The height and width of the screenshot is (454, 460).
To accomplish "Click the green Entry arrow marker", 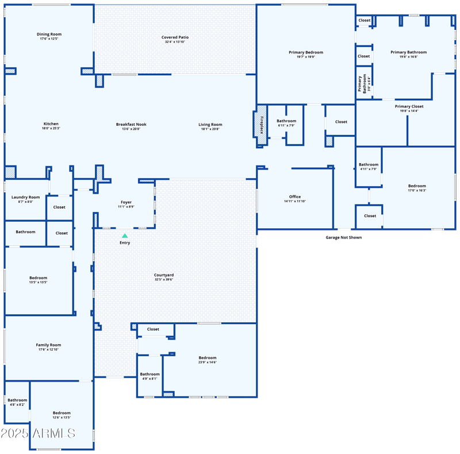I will click(x=125, y=236).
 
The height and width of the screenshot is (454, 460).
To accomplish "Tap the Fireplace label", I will click(x=261, y=125).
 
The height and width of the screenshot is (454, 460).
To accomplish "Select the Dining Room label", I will click(x=49, y=34).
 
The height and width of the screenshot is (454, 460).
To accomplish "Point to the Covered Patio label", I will click(x=175, y=37).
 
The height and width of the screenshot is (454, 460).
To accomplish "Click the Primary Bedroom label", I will click(x=306, y=52).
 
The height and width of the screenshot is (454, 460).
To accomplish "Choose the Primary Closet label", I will click(x=409, y=106).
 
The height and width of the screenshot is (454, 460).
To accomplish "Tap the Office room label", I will click(x=295, y=197).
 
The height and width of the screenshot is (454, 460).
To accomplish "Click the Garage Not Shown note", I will click(x=344, y=237).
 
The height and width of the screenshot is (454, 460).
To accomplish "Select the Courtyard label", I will click(x=164, y=275).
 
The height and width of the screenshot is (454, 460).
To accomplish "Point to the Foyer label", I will click(x=126, y=202).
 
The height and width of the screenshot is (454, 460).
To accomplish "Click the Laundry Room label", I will click(x=26, y=197).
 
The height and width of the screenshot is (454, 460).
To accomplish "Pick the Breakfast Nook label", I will click(x=131, y=124).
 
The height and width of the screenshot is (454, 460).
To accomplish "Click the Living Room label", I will click(x=210, y=125).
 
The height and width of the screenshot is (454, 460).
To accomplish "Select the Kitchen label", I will click(x=51, y=124).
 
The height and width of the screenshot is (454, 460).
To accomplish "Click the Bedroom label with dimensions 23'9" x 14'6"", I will click(x=208, y=357).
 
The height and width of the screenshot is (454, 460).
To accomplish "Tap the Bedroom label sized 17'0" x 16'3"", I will click(x=417, y=186).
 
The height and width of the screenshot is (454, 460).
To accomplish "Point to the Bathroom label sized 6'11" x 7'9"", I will click(x=286, y=121).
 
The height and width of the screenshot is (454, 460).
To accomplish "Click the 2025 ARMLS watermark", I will click(x=38, y=433).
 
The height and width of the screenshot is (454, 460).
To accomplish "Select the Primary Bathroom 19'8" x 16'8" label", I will click(x=408, y=52).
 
